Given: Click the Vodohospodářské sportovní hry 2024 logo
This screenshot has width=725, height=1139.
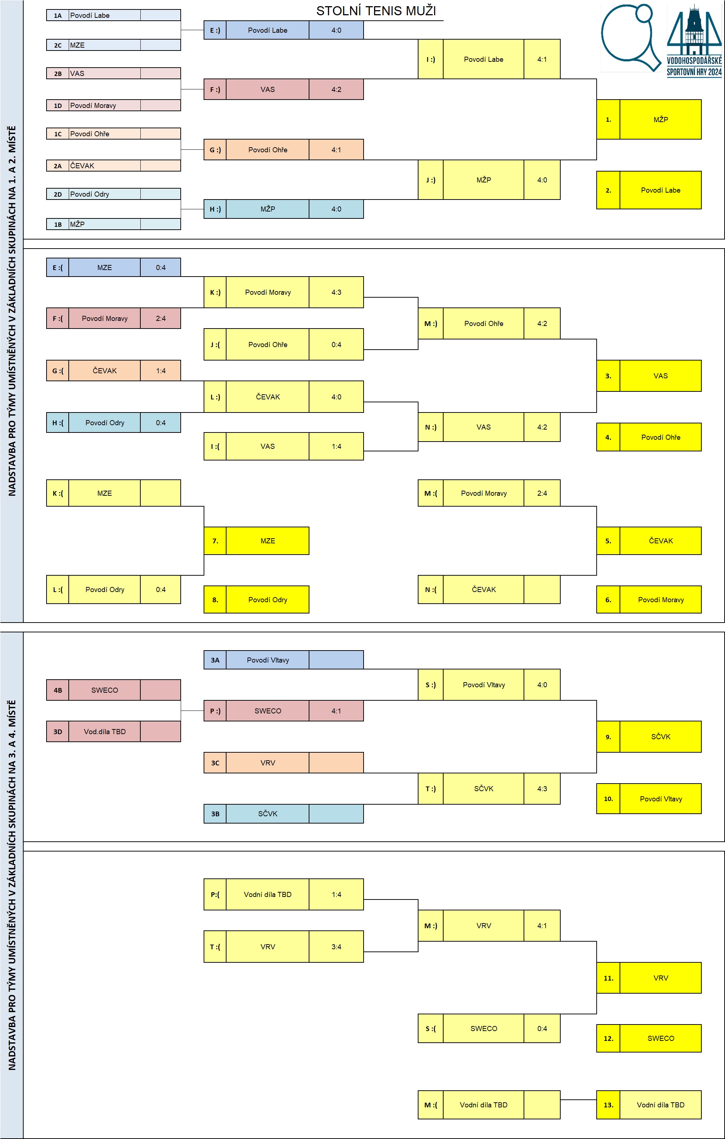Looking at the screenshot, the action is click(x=694, y=41).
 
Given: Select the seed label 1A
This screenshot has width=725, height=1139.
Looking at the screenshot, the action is click(x=58, y=16).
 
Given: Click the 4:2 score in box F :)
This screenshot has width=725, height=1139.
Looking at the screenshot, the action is click(x=336, y=89).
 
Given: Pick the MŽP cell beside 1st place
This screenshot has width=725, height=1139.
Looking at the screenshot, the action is click(x=661, y=119).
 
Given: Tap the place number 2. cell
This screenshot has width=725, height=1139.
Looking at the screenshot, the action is click(x=608, y=190).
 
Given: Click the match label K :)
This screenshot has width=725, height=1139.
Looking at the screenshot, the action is click(x=215, y=292).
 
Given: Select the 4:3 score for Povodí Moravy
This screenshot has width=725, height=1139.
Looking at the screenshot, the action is click(x=336, y=292).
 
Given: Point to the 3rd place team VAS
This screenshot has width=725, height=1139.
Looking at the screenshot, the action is click(x=661, y=376).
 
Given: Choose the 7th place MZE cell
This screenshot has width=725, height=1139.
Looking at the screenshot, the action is click(x=268, y=541).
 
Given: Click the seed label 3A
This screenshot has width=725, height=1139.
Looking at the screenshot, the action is click(x=215, y=660).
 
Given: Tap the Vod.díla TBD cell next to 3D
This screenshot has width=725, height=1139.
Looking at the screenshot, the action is click(x=105, y=731).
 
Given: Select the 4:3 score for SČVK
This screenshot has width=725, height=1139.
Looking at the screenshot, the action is click(x=542, y=789).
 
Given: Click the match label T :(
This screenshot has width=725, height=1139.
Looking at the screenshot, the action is click(x=215, y=946).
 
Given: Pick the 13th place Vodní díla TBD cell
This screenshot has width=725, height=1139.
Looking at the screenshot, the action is click(x=661, y=1105).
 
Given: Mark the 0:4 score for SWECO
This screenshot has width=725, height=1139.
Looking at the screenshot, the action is click(x=542, y=1028).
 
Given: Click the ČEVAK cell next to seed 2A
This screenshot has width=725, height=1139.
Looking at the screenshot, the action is click(x=105, y=166).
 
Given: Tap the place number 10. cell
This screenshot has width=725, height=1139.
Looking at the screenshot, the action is click(x=608, y=798).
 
